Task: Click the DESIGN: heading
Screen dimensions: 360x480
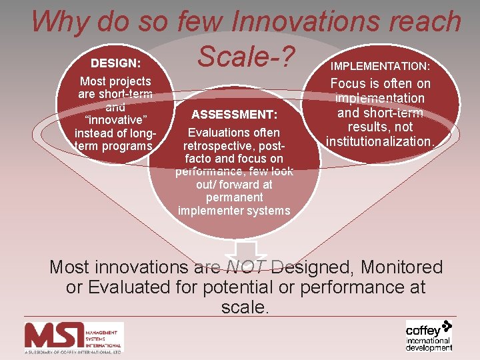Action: (115, 63)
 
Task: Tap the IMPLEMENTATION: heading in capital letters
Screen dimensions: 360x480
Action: (381, 67)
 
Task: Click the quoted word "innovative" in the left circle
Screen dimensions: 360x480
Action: (115, 119)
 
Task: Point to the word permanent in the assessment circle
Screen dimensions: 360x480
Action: (234, 197)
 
